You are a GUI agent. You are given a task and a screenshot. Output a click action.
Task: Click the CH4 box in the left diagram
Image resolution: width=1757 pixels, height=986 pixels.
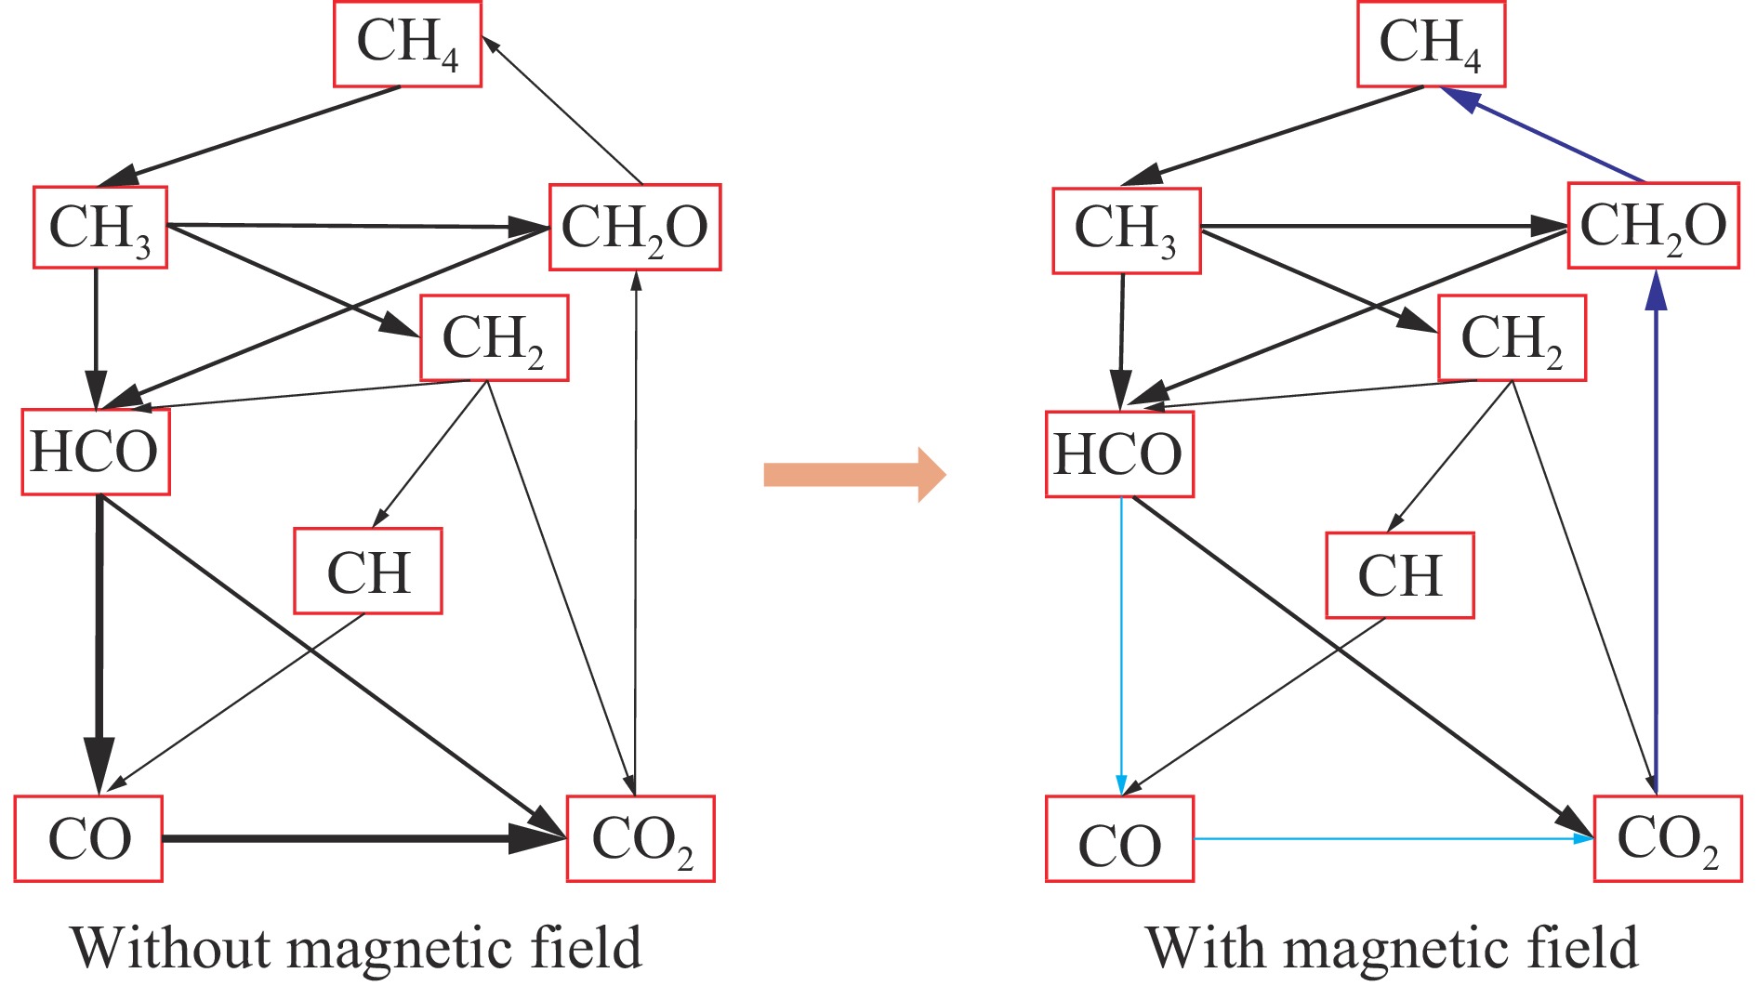pyautogui.click(x=407, y=44)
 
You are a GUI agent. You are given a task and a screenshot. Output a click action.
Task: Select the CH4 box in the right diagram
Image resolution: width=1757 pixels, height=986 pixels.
pyautogui.click(x=1431, y=44)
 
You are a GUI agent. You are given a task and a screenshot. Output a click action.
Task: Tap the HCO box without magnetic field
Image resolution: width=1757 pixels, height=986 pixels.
pyautogui.click(x=95, y=453)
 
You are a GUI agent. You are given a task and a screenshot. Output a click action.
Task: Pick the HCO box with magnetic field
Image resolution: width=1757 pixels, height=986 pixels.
pyautogui.click(x=1119, y=454)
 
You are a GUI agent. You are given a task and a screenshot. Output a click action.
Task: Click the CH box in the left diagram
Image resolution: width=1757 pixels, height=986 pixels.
pyautogui.click(x=368, y=572)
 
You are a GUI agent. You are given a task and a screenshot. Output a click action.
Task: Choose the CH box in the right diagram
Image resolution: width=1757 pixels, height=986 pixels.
pyautogui.click(x=1400, y=575)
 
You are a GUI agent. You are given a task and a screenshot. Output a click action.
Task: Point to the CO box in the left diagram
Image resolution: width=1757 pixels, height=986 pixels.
pyautogui.click(x=88, y=839)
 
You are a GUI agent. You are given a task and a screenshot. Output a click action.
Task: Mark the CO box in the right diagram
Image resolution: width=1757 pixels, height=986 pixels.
pyautogui.click(x=1119, y=839)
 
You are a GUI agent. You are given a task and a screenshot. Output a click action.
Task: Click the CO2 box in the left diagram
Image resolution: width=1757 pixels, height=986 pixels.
pyautogui.click(x=641, y=839)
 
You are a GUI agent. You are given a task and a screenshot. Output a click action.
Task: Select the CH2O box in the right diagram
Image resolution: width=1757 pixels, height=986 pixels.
pyautogui.click(x=1653, y=226)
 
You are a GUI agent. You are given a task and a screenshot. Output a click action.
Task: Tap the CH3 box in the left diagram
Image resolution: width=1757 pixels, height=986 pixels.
pyautogui.click(x=100, y=228)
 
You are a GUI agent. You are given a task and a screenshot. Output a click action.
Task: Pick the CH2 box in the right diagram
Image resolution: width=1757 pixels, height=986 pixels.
pyautogui.click(x=1512, y=338)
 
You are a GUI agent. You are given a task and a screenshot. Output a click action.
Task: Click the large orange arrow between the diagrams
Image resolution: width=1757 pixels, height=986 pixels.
pyautogui.click(x=853, y=475)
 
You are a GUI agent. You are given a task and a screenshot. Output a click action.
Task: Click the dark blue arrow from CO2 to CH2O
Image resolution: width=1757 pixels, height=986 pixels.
pyautogui.click(x=1656, y=530)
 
